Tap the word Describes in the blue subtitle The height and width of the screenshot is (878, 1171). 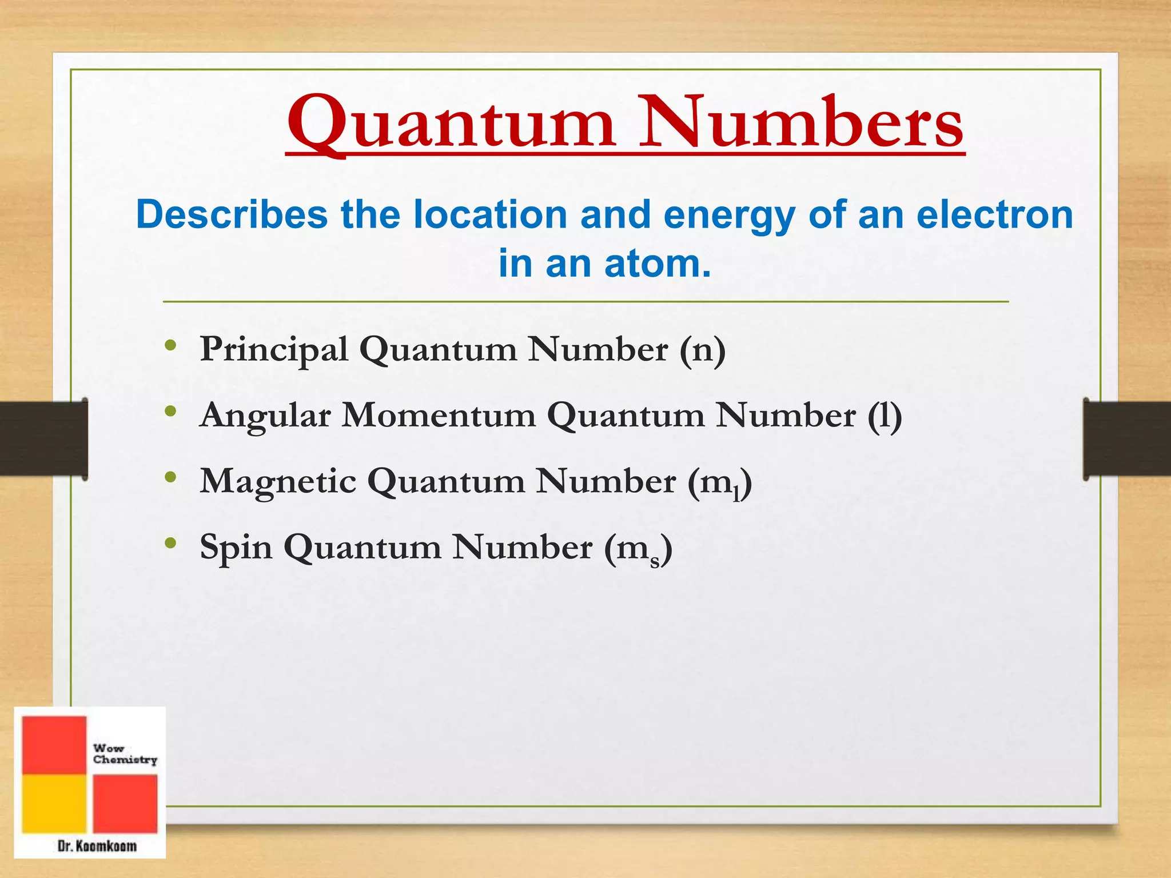pyautogui.click(x=232, y=215)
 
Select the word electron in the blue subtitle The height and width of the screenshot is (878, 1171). pyautogui.click(x=994, y=215)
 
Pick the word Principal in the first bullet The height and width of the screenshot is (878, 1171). pyautogui.click(x=274, y=350)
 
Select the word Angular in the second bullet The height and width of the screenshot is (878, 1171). pyautogui.click(x=265, y=416)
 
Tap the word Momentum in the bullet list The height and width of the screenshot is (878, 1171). pyautogui.click(x=439, y=415)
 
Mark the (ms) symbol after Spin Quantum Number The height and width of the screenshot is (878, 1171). pyautogui.click(x=638, y=549)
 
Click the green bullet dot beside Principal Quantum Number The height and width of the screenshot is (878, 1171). pyautogui.click(x=170, y=345)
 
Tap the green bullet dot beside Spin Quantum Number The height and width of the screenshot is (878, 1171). pyautogui.click(x=170, y=543)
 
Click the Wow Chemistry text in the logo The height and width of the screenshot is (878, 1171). pyautogui.click(x=125, y=754)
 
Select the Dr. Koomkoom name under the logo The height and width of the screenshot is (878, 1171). pyautogui.click(x=97, y=845)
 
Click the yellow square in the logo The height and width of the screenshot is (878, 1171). pyautogui.click(x=54, y=803)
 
